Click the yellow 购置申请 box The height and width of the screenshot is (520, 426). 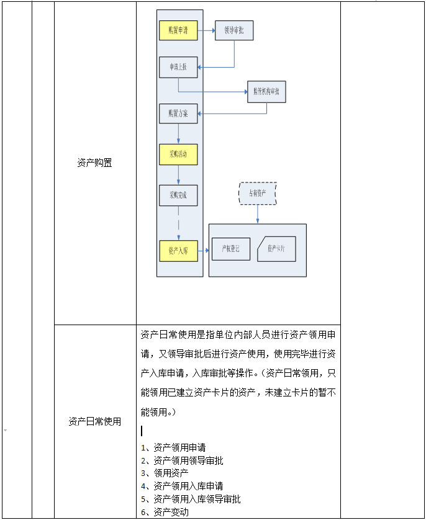[178, 30]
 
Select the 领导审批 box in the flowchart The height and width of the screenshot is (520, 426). [234, 30]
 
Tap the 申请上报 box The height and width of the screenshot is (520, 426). [178, 67]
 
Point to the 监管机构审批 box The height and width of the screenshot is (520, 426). [266, 92]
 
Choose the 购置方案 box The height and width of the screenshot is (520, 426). [178, 114]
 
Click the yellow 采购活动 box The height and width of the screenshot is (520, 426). [178, 154]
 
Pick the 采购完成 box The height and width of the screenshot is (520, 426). [178, 195]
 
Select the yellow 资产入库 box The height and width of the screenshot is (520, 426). [178, 251]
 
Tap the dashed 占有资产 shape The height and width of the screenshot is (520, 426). [258, 193]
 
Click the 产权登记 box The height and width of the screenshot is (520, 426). [230, 249]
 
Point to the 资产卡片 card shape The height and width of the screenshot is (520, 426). [276, 249]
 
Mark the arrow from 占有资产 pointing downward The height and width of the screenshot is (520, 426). [258, 214]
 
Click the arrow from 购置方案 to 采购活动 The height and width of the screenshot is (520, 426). [178, 133]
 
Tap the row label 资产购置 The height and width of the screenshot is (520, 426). [94, 163]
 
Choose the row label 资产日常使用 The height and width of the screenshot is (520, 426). [94, 421]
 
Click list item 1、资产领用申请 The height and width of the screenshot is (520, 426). [174, 447]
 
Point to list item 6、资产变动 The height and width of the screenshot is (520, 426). [165, 512]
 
